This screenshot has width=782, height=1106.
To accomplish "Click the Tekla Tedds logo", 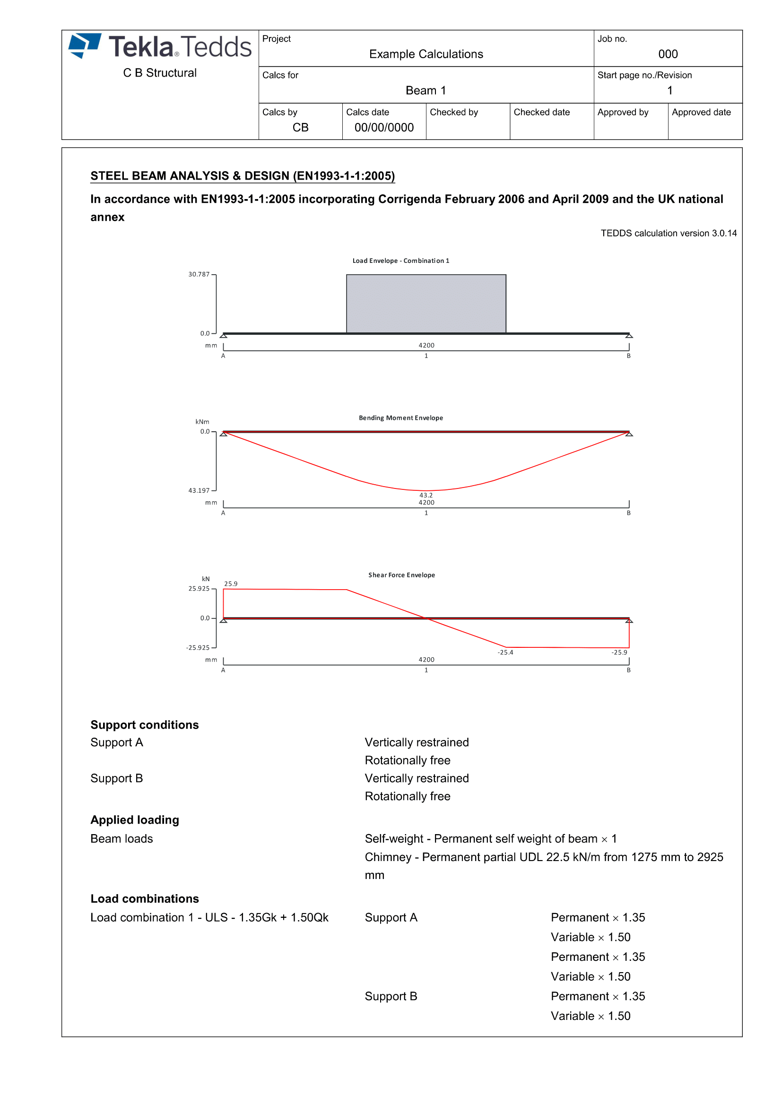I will click(x=160, y=47).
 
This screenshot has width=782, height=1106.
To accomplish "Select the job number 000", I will click(x=668, y=54).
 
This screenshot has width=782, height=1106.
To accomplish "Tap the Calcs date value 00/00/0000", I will click(x=384, y=128).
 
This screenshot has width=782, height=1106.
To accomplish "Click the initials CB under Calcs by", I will click(x=300, y=128).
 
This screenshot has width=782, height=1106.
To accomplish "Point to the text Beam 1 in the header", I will click(x=426, y=91).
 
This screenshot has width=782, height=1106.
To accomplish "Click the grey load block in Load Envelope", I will click(x=426, y=304).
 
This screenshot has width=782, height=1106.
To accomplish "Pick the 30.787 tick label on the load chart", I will click(x=199, y=275).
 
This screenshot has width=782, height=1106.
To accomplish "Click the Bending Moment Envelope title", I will click(x=400, y=418).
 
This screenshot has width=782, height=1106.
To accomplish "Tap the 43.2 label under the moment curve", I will click(x=426, y=495).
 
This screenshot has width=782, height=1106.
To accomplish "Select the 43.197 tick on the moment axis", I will click(x=199, y=491).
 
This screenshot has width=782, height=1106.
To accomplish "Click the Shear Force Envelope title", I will click(x=401, y=575).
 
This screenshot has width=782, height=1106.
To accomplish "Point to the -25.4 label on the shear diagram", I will click(x=505, y=653).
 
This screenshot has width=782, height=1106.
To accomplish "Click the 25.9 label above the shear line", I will click(x=231, y=584).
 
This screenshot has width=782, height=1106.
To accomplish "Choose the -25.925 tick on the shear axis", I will click(x=198, y=648).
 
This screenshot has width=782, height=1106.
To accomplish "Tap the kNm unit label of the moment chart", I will click(x=202, y=422).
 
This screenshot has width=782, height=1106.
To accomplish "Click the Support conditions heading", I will click(x=145, y=725).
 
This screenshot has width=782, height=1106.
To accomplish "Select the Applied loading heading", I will click(x=135, y=820).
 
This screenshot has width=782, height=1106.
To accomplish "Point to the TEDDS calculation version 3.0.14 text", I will click(x=669, y=233).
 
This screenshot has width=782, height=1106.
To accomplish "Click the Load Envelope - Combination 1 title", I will click(x=400, y=261).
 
